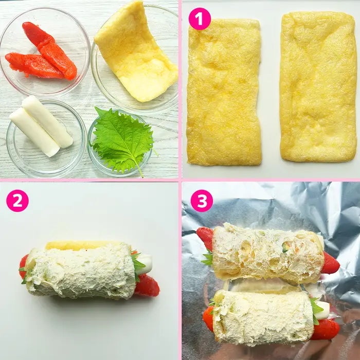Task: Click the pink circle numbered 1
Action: [200, 19]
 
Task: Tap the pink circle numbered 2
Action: [17, 201]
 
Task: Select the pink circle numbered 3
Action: [202, 201]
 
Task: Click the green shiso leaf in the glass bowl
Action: [123, 139]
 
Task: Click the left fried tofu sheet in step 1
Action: [224, 92]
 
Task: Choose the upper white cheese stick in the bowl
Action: [47, 121]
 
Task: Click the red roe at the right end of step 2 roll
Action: [148, 286]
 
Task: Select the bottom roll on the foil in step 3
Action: [271, 317]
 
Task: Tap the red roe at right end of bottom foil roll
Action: [326, 330]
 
